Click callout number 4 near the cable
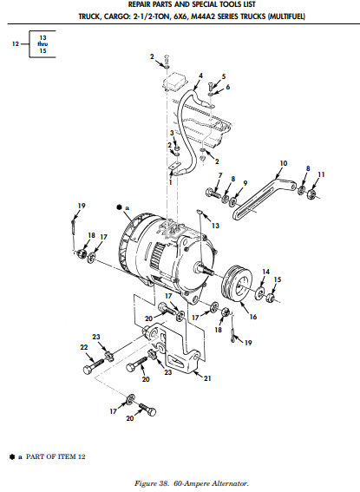pyautogui.click(x=200, y=75)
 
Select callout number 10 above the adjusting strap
pyautogui.click(x=283, y=162)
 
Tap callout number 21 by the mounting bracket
pyautogui.click(x=207, y=377)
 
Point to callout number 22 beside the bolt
pyautogui.click(x=84, y=347)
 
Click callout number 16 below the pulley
pyautogui.click(x=253, y=318)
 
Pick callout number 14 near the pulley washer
pyautogui.click(x=266, y=272)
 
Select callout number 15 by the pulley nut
pyautogui.click(x=278, y=280)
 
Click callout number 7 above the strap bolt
pyautogui.click(x=220, y=175)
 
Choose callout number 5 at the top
pyautogui.click(x=223, y=77)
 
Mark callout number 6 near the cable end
pyautogui.click(x=228, y=87)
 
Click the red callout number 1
pyautogui.click(x=171, y=182)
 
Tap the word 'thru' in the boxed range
pyautogui.click(x=42, y=43)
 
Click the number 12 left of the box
pyautogui.click(x=13, y=44)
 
